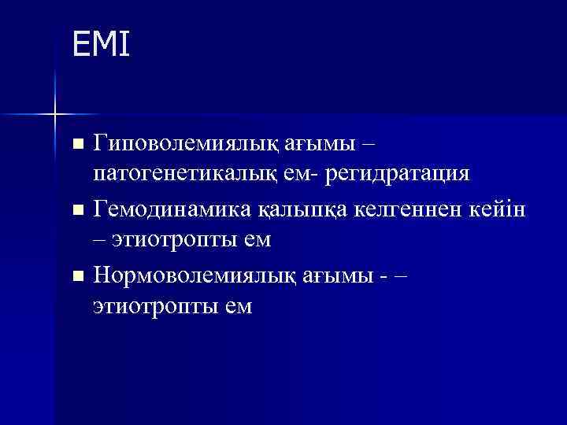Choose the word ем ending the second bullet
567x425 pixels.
click(257, 239)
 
